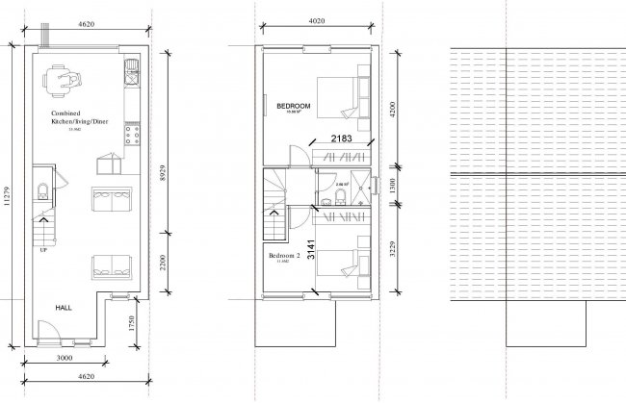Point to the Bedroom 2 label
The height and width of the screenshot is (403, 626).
pos(285,255)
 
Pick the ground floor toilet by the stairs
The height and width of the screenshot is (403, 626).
pos(41,188)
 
